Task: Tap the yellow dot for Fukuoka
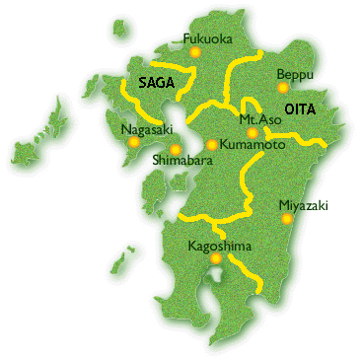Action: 195,51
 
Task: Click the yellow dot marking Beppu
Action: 282,87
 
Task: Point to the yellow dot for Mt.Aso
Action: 253,132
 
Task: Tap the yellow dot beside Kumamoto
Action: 211,145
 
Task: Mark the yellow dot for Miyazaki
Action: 287,218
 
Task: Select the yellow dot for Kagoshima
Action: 216,257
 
